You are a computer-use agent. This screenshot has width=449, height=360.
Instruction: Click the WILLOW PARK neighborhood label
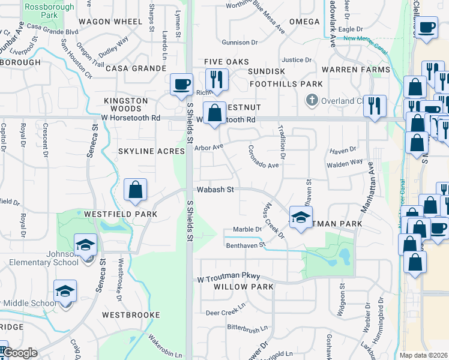click(244, 287)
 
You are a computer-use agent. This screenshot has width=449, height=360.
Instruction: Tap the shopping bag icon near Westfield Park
click(136, 190)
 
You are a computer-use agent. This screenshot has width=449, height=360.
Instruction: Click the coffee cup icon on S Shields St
click(181, 84)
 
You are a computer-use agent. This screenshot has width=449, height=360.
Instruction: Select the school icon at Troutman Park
click(301, 217)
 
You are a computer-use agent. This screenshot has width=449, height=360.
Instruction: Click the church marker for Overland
click(311, 100)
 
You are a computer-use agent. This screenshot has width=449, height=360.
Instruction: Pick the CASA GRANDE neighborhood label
click(136, 68)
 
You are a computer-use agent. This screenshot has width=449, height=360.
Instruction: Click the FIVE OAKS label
click(226, 62)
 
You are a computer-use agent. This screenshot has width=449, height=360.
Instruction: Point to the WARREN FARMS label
click(356, 70)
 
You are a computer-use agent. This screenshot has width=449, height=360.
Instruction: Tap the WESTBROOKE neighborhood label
click(131, 314)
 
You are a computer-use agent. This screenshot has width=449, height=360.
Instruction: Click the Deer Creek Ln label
click(226, 313)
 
